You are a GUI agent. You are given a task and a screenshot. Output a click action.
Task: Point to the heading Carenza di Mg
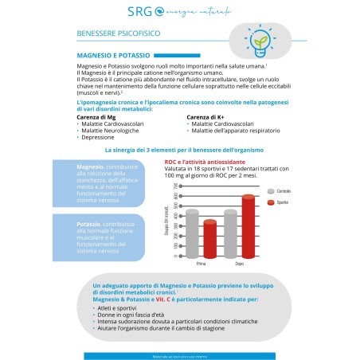96,117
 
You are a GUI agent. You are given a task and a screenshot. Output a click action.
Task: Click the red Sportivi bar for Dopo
248,227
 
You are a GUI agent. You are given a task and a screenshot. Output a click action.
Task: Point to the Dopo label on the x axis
239,264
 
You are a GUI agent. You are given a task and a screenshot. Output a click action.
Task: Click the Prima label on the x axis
200,264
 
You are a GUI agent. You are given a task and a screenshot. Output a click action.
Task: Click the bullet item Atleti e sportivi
120,307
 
